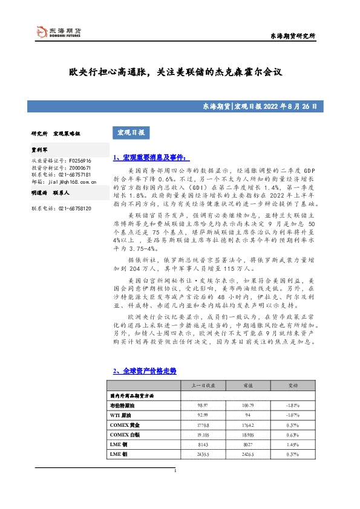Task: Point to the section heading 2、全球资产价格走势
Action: [x=145, y=370]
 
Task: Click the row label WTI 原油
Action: [x=120, y=415]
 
